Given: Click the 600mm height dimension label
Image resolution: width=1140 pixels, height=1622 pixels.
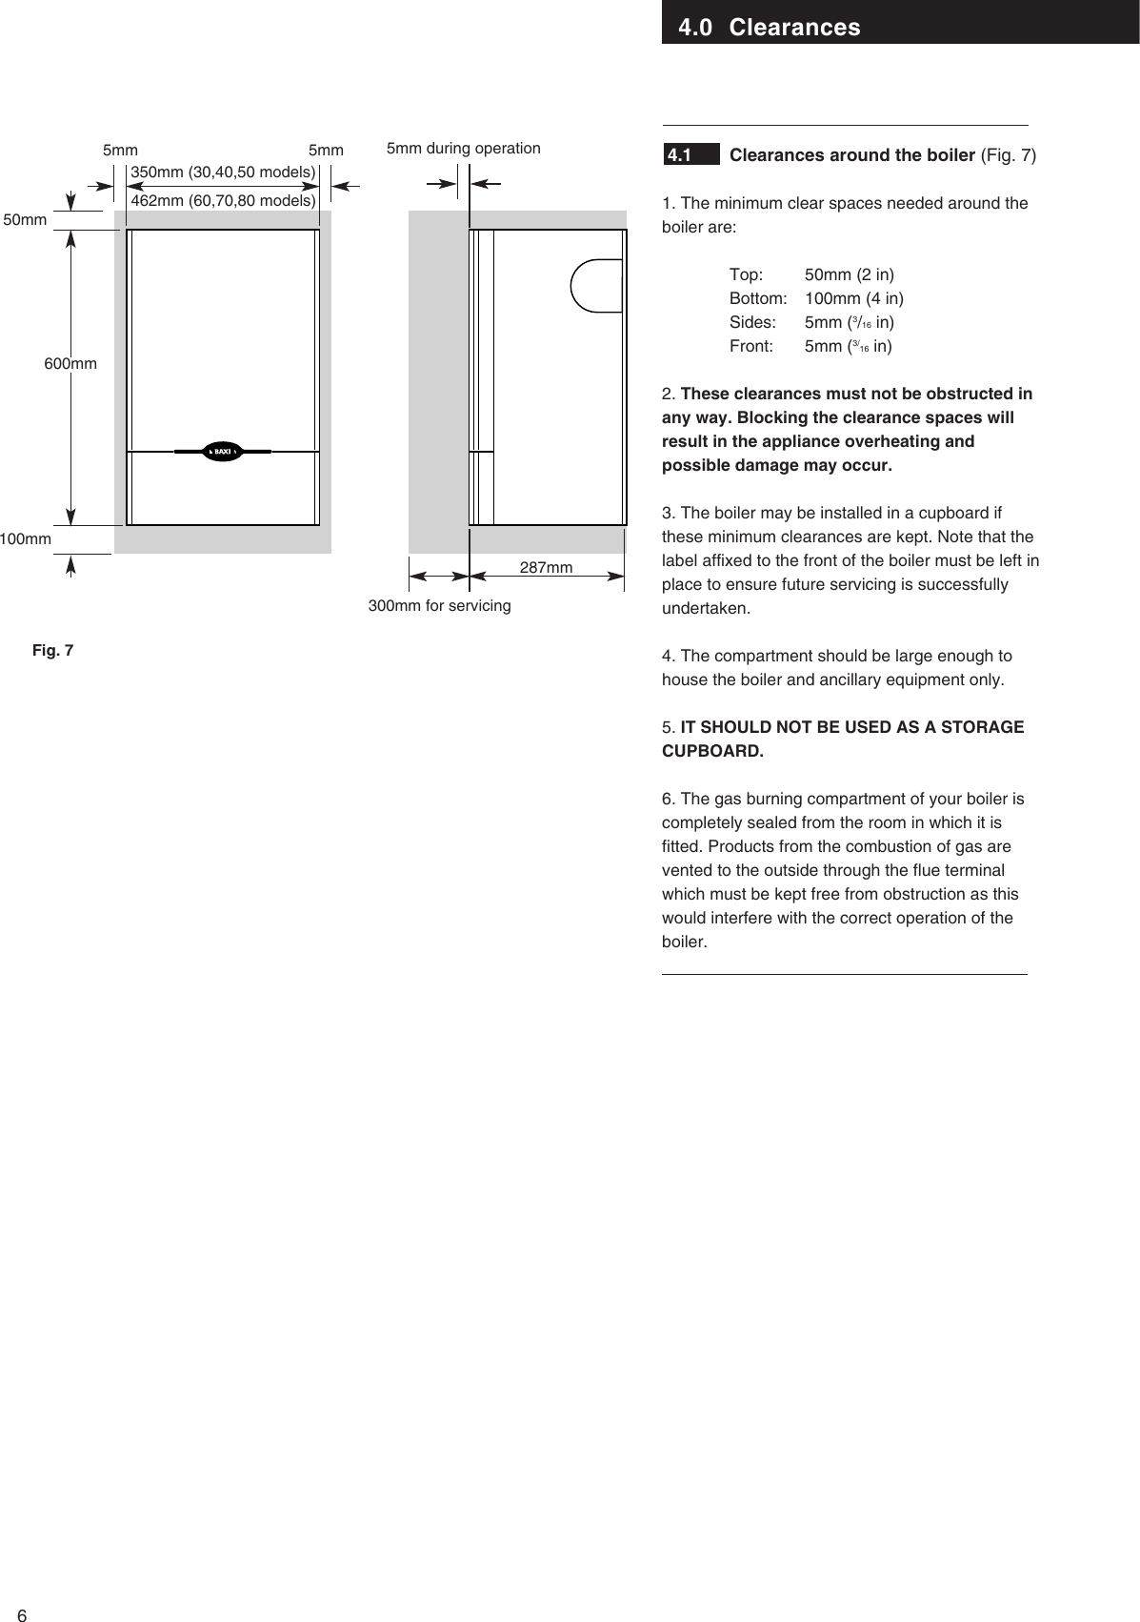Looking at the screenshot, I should pos(70,364).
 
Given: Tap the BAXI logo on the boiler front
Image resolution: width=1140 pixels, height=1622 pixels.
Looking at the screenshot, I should pos(223,451).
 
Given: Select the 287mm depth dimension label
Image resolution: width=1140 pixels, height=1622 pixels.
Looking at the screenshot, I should pos(546,568).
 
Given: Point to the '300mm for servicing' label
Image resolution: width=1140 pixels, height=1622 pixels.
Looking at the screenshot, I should pos(439,606).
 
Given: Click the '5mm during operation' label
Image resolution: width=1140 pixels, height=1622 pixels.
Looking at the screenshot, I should pos(463,149).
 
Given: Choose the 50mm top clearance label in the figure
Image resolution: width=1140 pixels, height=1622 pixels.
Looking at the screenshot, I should pos(26,220).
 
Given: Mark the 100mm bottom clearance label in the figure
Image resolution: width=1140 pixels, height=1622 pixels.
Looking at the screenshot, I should pos(26,539).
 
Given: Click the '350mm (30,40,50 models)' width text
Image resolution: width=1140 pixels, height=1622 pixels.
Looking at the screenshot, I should pos(223,172).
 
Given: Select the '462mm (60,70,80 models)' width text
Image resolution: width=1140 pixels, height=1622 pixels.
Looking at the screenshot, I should pos(223,201).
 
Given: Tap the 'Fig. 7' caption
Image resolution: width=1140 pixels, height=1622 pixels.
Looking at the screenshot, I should pos(52,651).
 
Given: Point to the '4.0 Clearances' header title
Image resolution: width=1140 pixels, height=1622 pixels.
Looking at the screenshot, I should pos(769,27).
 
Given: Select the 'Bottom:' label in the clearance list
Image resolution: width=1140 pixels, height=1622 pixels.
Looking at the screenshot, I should pos(758,299).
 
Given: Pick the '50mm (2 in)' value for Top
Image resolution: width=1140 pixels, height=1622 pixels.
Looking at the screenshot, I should pos(849,275).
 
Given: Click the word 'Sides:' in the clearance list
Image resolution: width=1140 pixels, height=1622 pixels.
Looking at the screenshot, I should pos(752,323).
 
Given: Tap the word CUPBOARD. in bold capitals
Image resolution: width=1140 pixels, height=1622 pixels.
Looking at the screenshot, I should pos(712,751).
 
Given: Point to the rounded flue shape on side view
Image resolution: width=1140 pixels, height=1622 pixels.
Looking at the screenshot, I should pos(596,285).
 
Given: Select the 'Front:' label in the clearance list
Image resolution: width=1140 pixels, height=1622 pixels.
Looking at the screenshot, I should pos(751,347).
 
